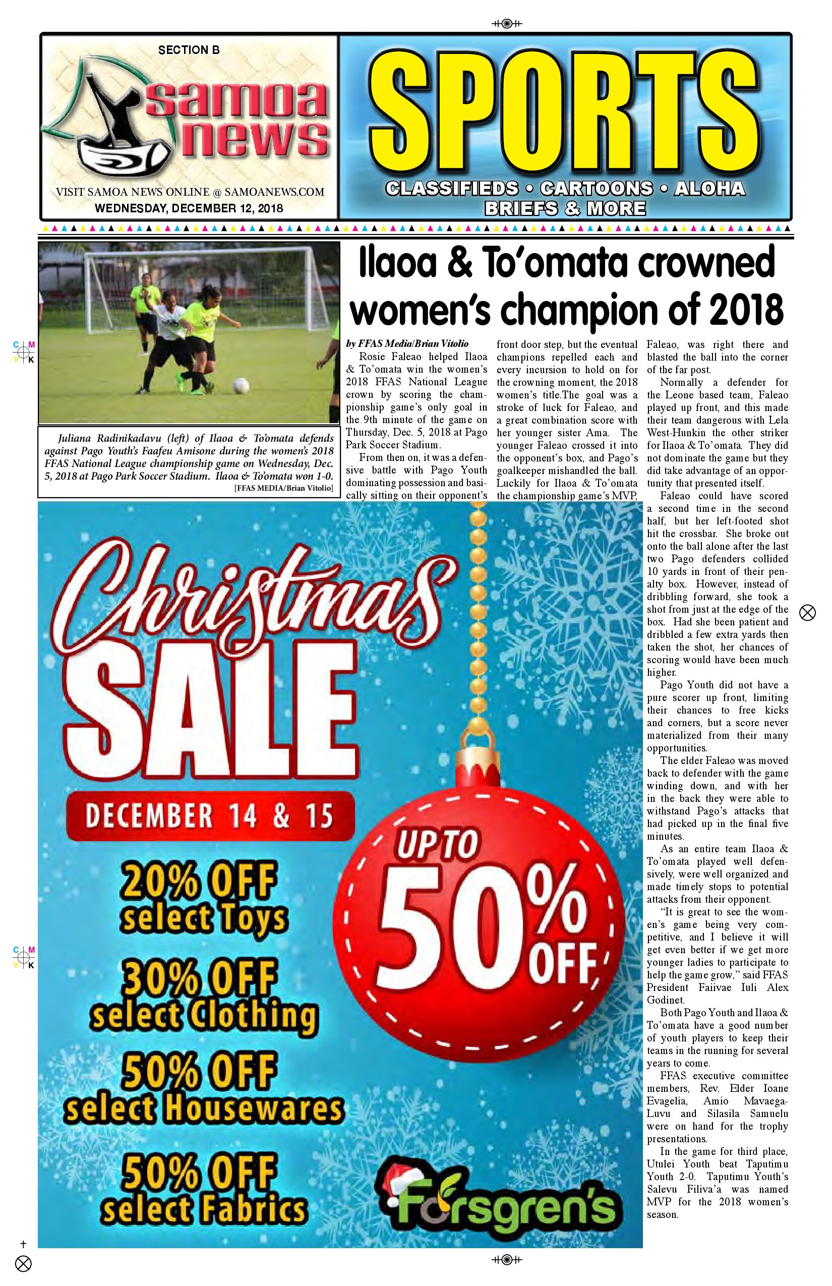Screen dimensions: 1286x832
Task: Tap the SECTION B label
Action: [x=189, y=50]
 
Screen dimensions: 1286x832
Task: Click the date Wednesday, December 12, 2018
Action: [x=189, y=208]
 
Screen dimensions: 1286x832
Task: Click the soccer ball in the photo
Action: [x=241, y=385]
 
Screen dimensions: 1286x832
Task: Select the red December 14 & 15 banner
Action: [x=209, y=816]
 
